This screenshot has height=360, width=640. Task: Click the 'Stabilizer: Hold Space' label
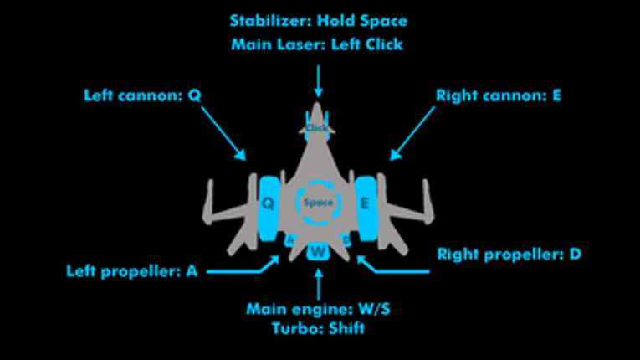(x=319, y=21)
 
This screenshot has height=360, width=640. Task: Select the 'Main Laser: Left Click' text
(x=317, y=44)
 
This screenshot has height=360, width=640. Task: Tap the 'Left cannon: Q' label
(x=142, y=95)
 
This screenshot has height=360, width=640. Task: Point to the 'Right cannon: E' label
(x=499, y=95)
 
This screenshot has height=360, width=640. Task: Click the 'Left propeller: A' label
(x=132, y=271)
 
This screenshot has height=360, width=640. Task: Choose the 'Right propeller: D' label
(x=509, y=255)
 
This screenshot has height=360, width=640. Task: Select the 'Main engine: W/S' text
(x=318, y=309)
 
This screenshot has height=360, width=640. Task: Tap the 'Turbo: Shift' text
(x=318, y=328)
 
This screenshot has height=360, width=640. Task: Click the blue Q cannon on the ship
(x=269, y=208)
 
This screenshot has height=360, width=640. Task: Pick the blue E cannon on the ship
(x=366, y=208)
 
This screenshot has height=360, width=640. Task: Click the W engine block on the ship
(x=318, y=251)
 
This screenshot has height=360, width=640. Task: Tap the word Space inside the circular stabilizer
(x=319, y=203)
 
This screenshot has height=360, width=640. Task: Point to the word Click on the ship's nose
(x=317, y=127)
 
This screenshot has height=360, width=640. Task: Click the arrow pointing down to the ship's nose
(x=318, y=82)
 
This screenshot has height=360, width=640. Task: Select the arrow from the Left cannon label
(x=223, y=133)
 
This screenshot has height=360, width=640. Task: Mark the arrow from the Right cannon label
(x=412, y=133)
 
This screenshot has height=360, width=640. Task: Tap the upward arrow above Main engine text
(x=319, y=285)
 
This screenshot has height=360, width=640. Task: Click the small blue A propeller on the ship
(x=289, y=240)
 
